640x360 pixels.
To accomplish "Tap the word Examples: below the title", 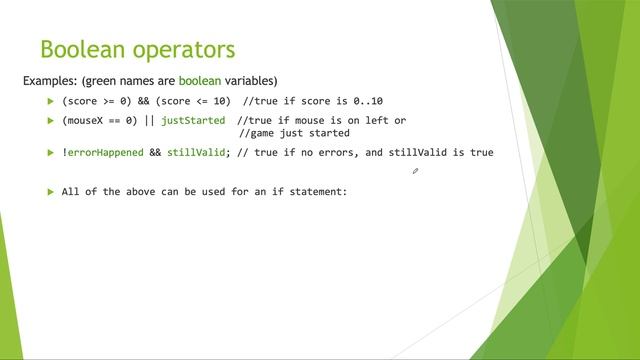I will pos(51,80).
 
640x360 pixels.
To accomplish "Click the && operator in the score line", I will pos(138,102).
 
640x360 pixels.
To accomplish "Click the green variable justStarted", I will pos(192,121).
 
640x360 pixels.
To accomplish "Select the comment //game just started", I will pos(294,133).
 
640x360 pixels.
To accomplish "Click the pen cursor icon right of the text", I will pos(415,171).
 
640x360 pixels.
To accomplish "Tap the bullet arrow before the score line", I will pos(50,102).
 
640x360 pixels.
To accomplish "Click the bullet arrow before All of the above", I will pos(50,192).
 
